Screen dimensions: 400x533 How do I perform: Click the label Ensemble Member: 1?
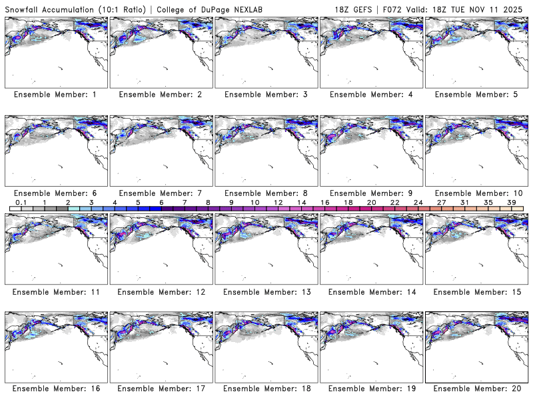tap(55, 95)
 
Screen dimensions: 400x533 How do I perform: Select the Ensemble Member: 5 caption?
tap(475, 95)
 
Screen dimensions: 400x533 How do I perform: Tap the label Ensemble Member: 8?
tap(265, 193)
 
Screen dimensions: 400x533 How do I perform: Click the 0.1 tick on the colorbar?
tap(21, 202)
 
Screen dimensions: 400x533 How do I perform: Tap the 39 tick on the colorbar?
tap(511, 202)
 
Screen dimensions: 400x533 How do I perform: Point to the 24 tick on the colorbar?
tap(418, 202)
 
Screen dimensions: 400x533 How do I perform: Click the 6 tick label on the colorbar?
tap(161, 202)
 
